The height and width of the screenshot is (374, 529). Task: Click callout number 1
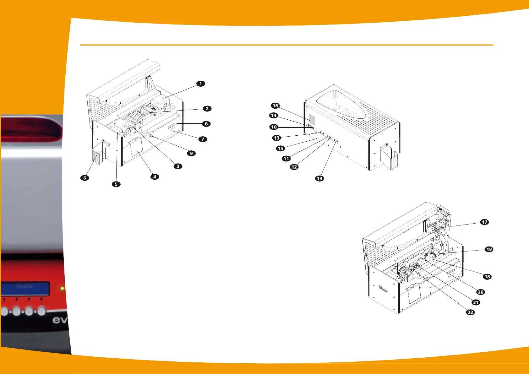click(x=201, y=84)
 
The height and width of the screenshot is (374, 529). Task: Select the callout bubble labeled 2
click(x=207, y=109)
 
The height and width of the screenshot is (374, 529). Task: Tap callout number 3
click(x=178, y=166)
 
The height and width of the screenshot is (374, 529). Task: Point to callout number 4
click(x=155, y=177)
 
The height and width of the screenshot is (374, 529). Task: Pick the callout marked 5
click(x=116, y=184)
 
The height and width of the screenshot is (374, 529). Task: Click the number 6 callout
click(x=85, y=178)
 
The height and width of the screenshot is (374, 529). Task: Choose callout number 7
click(x=203, y=139)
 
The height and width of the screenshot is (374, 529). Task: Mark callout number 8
click(x=206, y=124)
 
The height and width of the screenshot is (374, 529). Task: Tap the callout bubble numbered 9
click(x=191, y=153)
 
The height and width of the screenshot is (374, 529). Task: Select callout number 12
click(x=294, y=167)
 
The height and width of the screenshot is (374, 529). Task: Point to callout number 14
click(x=274, y=116)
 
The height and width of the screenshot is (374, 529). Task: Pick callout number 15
click(x=281, y=149)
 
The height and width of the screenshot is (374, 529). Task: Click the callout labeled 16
click(x=275, y=106)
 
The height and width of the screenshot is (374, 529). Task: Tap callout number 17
click(x=484, y=222)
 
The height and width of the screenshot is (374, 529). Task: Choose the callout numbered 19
click(x=489, y=249)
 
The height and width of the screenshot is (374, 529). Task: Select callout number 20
click(x=481, y=292)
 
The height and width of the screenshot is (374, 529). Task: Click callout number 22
click(x=470, y=312)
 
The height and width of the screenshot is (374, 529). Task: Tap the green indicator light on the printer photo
click(x=62, y=288)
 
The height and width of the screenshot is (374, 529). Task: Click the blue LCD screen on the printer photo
click(x=25, y=288)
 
